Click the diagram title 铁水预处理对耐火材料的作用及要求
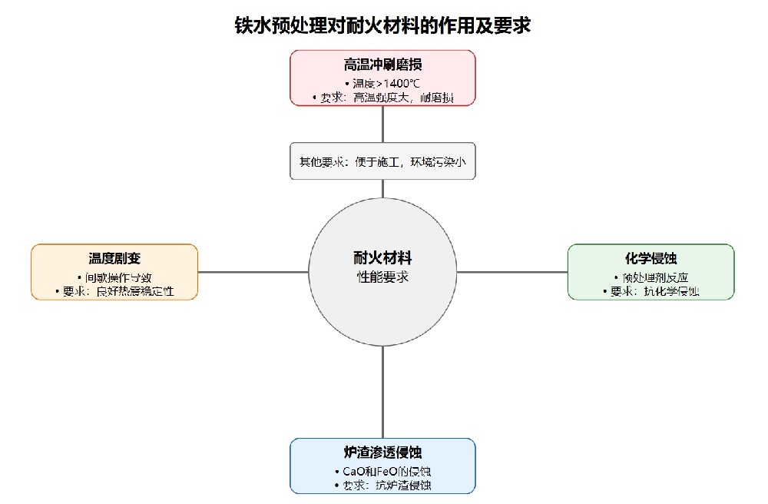[x=382, y=25]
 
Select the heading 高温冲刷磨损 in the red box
[x=382, y=65]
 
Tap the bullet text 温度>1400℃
[x=382, y=83]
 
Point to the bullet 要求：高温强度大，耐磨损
[x=382, y=98]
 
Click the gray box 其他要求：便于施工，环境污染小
[x=382, y=161]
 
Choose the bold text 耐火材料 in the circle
[x=382, y=258]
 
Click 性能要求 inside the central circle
[x=382, y=277]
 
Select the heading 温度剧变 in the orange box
[x=114, y=259]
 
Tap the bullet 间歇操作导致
[x=114, y=277]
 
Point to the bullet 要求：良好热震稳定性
[x=114, y=291]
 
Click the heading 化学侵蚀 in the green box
[x=650, y=259]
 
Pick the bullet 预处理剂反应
[x=650, y=277]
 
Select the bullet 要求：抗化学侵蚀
[x=650, y=291]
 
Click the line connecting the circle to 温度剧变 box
[x=253, y=272]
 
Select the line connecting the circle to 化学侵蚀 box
[x=512, y=272]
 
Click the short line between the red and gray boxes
[x=382, y=124]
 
